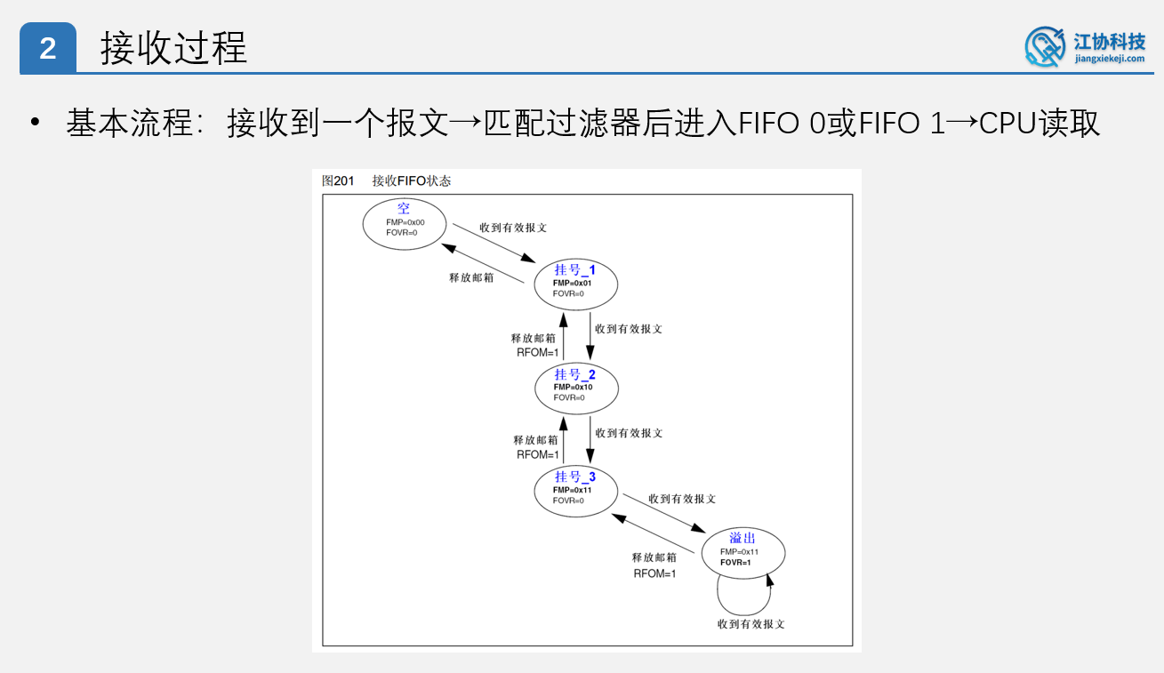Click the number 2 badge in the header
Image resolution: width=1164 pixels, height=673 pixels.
pyautogui.click(x=48, y=48)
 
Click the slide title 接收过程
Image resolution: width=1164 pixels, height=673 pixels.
pyautogui.click(x=173, y=48)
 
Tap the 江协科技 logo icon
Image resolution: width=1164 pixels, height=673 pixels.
pyautogui.click(x=1045, y=46)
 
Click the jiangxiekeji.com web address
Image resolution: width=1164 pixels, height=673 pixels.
pyautogui.click(x=1110, y=59)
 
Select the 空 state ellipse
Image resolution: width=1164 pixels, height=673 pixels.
pyautogui.click(x=404, y=223)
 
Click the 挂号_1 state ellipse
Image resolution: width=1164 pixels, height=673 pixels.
pyautogui.click(x=575, y=283)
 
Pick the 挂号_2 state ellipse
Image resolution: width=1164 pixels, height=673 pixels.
pyautogui.click(x=575, y=387)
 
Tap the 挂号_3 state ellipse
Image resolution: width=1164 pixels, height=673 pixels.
pyautogui.click(x=575, y=490)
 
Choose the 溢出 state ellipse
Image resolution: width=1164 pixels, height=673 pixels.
pyautogui.click(x=743, y=552)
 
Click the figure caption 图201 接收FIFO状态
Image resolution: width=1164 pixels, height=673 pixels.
pyautogui.click(x=386, y=181)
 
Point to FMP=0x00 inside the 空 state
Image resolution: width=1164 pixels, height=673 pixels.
pyautogui.click(x=405, y=222)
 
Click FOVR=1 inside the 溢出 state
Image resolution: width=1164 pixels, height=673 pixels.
pyautogui.click(x=735, y=563)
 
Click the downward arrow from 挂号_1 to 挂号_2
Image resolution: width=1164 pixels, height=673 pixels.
pyautogui.click(x=590, y=334)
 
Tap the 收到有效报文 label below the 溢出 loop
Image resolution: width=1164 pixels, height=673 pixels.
pyautogui.click(x=751, y=624)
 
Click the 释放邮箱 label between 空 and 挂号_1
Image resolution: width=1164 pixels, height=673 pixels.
pyautogui.click(x=471, y=277)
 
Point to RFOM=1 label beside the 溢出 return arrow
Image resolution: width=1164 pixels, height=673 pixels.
pyautogui.click(x=654, y=573)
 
